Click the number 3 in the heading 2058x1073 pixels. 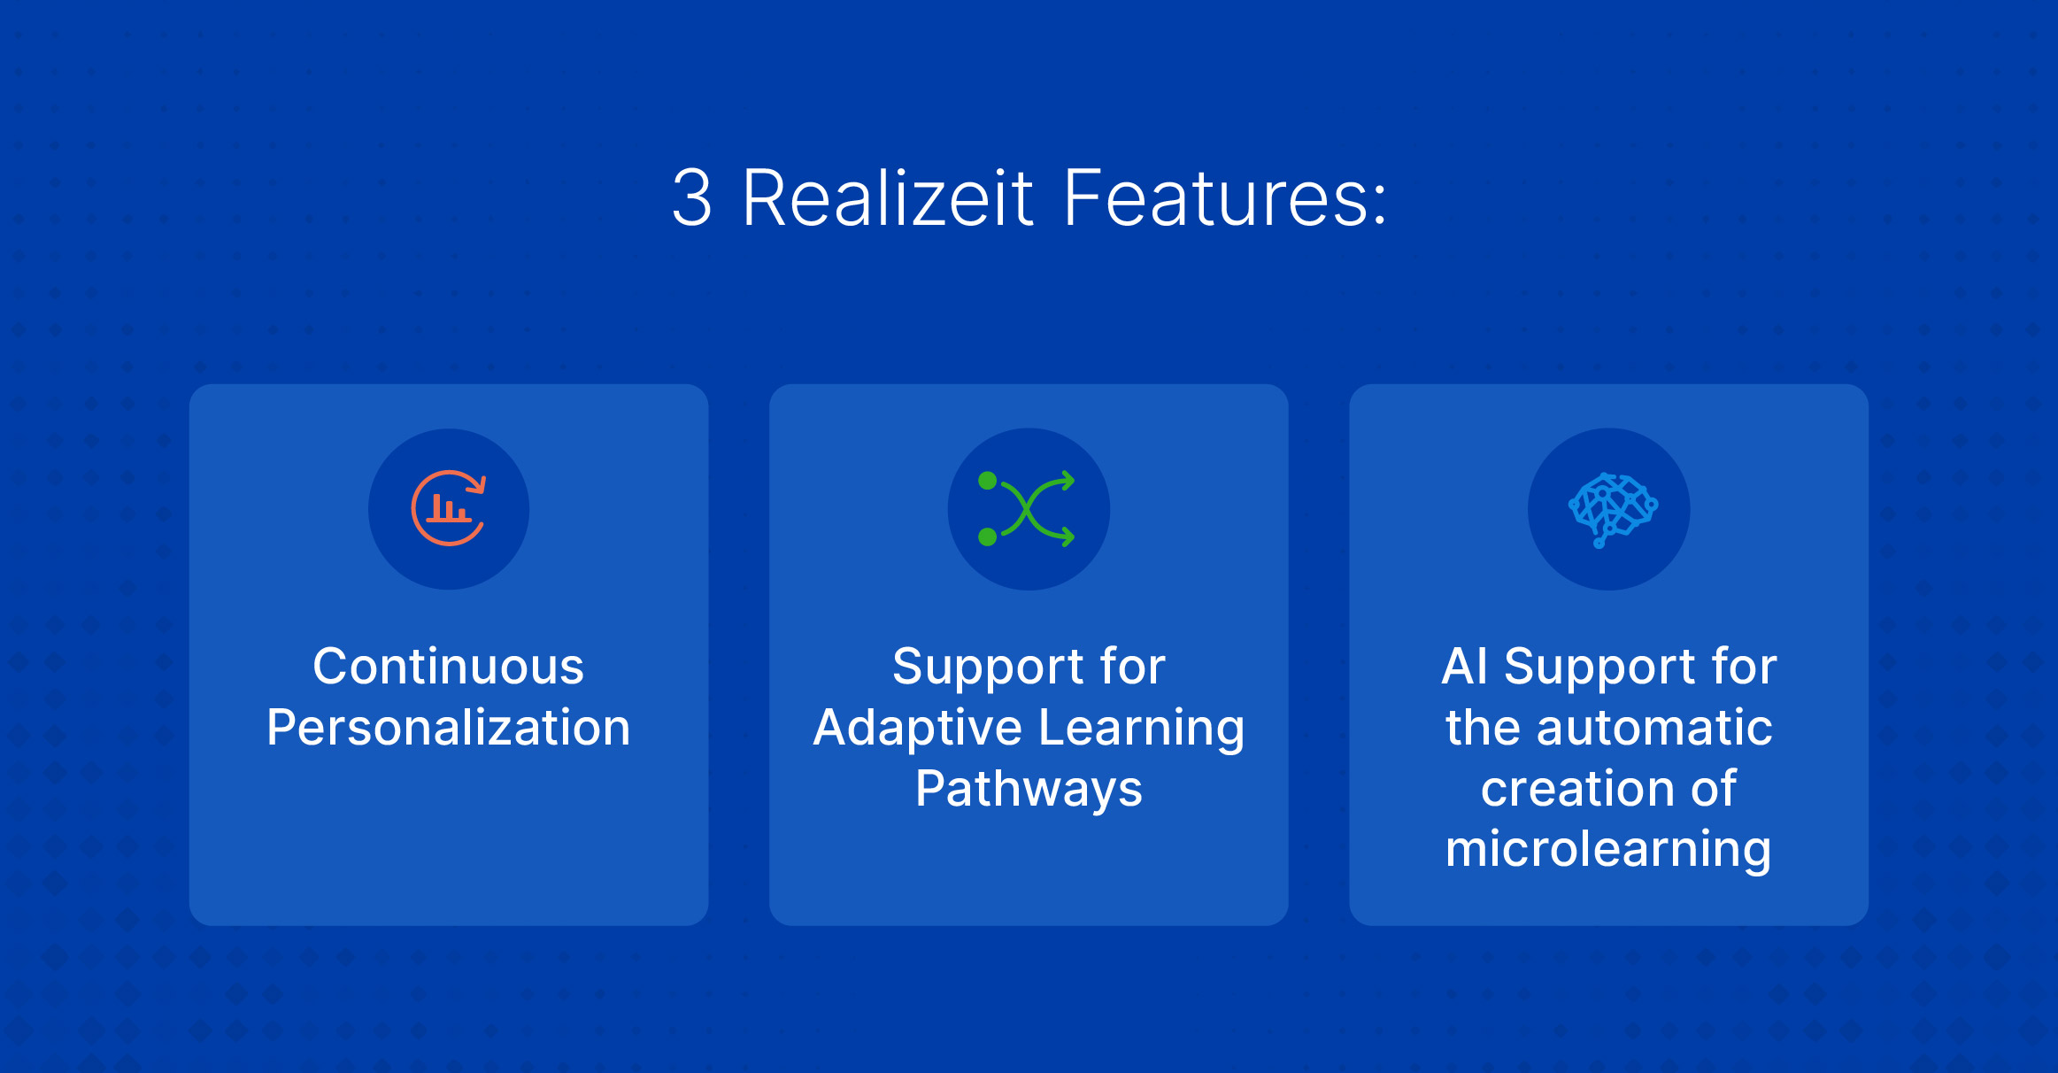[x=691, y=198]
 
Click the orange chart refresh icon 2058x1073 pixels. [x=449, y=508]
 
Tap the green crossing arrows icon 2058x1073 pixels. [x=1027, y=509]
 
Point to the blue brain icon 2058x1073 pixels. [x=1613, y=510]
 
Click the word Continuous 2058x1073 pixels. [x=449, y=666]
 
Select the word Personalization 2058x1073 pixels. [x=449, y=728]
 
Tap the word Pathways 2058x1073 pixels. [x=1029, y=790]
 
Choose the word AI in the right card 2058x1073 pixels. [x=1464, y=666]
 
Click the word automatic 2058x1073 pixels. [x=1653, y=729]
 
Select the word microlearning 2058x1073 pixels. [x=1608, y=850]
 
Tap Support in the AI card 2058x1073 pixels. [x=1599, y=668]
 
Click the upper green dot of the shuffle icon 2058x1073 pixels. [x=988, y=482]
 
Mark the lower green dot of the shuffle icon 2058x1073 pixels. [x=988, y=536]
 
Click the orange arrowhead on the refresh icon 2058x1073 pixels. [x=478, y=483]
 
